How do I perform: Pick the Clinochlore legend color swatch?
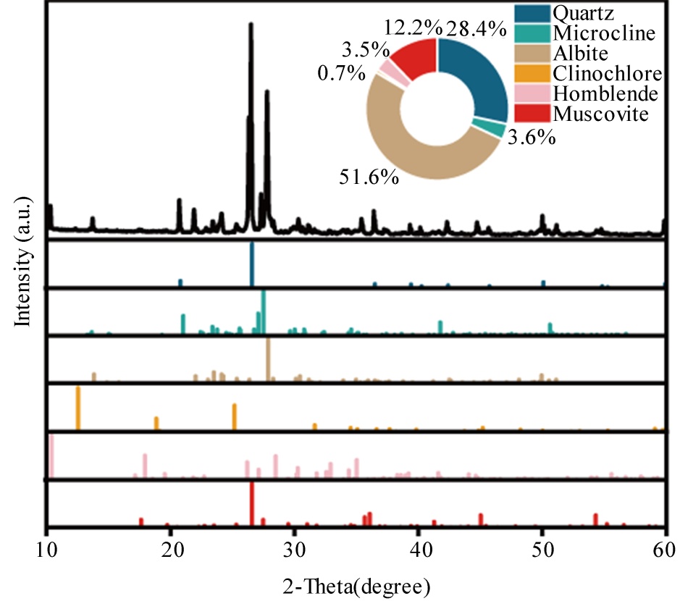coord(531,73)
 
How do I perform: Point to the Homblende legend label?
coord(605,93)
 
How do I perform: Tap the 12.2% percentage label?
coord(413,28)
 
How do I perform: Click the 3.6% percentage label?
coord(531,136)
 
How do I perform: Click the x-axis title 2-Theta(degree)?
coord(357,583)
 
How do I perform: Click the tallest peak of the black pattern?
coord(251,26)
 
